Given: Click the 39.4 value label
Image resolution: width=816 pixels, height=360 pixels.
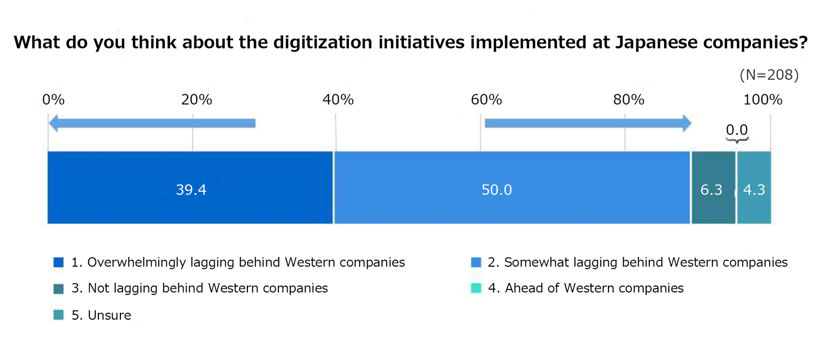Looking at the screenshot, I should coord(191,190).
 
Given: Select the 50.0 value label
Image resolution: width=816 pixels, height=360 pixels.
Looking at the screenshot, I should coord(497,190).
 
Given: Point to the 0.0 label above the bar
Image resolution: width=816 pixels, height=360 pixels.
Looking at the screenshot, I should coord(736,130).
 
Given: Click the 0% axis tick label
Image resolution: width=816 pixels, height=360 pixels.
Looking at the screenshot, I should coord(54,99).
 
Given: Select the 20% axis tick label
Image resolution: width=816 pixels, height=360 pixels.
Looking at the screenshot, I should coord(196,99).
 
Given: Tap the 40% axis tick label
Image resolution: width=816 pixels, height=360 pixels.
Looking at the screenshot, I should coord(338,99).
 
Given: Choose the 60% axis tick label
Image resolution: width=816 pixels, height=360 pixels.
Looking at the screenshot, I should coord(486,99).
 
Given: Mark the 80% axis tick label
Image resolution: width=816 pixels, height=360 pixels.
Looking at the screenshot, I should coord(628,99).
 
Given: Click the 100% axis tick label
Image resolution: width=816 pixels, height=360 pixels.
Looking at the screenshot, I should coord(762,99).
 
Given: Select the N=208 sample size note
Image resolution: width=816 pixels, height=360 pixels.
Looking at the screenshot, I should coord(769,75).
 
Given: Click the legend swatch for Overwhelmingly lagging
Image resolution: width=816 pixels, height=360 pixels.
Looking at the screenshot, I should coord(59,262).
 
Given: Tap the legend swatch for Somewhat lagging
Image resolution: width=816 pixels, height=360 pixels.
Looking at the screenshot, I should coord(476,262).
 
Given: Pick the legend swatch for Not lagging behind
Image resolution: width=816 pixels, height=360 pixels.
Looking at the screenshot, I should coord(59,289).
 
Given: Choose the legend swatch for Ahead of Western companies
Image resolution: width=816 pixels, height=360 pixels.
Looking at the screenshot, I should coord(476,288).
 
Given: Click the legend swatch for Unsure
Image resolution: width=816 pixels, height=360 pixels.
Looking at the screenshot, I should coord(59,315).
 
